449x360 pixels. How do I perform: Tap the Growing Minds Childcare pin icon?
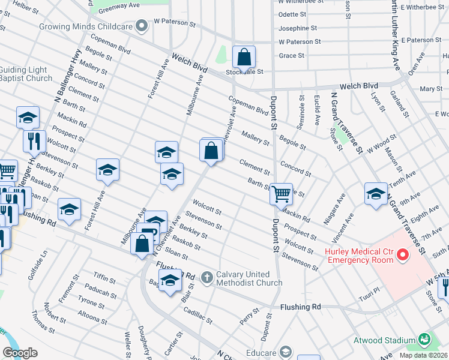pyautogui.click(x=142, y=26)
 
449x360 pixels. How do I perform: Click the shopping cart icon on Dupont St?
pyautogui.click(x=281, y=194)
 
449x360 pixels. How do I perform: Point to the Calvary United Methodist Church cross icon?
pyautogui.click(x=207, y=278)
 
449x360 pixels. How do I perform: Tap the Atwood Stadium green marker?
pyautogui.click(x=425, y=340)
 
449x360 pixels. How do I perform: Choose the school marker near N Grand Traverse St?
pyautogui.click(x=376, y=194)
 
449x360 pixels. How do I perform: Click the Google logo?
pyautogui.click(x=20, y=352)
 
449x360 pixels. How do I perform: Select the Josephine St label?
pyautogui.click(x=297, y=28)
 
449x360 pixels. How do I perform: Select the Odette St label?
pyautogui.click(x=293, y=14)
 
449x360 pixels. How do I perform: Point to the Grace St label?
pyautogui.click(x=292, y=56)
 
